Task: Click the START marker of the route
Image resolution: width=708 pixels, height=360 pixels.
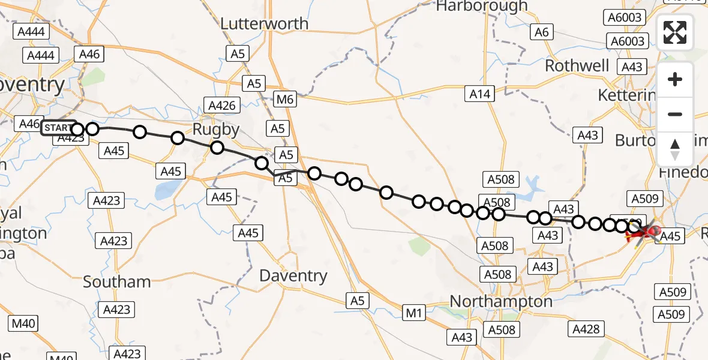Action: pyautogui.click(x=58, y=128)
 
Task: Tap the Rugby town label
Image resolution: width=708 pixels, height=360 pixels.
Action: pyautogui.click(x=216, y=129)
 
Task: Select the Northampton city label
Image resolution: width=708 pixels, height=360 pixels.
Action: pyautogui.click(x=501, y=301)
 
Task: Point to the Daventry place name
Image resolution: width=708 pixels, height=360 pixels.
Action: pyautogui.click(x=293, y=276)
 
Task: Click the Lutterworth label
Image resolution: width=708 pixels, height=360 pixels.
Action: pyautogui.click(x=265, y=24)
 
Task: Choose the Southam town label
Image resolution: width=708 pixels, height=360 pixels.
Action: pyautogui.click(x=117, y=281)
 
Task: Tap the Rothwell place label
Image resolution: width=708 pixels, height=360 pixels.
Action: pyautogui.click(x=577, y=65)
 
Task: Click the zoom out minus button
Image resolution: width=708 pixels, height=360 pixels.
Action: pyautogui.click(x=675, y=114)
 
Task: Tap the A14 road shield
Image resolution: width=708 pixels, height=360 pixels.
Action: pyautogui.click(x=480, y=93)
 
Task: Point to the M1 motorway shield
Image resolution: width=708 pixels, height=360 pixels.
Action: pyautogui.click(x=414, y=313)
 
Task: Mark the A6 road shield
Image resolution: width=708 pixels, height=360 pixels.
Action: pyautogui.click(x=542, y=32)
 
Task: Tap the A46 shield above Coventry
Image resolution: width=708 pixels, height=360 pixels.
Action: pyautogui.click(x=89, y=54)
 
